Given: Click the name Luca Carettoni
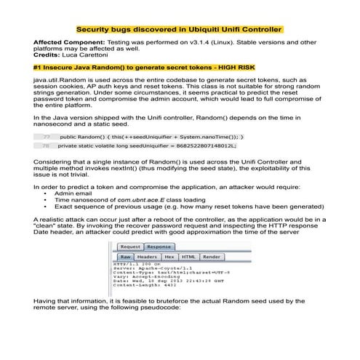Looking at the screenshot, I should (x=79, y=56).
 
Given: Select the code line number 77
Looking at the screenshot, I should (x=47, y=137).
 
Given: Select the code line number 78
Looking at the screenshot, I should (x=47, y=145).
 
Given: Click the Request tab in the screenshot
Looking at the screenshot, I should (x=131, y=247).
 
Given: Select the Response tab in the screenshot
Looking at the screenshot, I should (x=159, y=247).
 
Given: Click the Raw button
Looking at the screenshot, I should (x=126, y=257).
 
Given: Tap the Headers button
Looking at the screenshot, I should (x=148, y=257).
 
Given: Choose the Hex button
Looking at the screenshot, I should (x=169, y=257).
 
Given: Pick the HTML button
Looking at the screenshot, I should (x=188, y=257).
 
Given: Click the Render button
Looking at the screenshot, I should (x=212, y=257).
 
